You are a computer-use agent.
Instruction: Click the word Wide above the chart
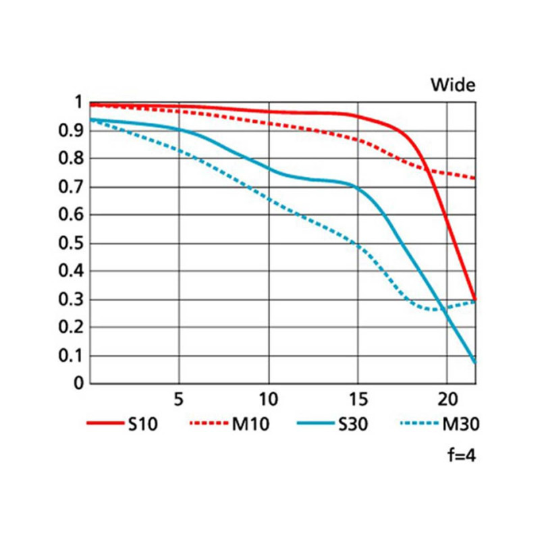454,85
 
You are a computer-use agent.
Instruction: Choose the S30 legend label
352,425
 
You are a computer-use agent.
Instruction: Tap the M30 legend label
460,425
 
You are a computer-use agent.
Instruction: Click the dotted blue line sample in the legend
420,425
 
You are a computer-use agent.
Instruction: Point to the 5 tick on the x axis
179,398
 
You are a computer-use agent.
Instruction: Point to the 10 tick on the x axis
269,398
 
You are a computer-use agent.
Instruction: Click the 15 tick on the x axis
358,398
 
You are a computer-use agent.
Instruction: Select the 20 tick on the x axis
447,398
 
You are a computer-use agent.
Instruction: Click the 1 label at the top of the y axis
78,103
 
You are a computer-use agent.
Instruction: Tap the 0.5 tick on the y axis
72,244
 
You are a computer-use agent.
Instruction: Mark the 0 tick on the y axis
78,383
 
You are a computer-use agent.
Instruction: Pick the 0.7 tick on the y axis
72,187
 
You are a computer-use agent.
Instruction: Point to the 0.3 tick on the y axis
72,300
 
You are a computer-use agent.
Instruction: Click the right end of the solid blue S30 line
475,363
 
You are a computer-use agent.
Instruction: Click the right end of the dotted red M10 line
475,178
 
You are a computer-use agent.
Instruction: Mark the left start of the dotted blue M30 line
91,119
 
